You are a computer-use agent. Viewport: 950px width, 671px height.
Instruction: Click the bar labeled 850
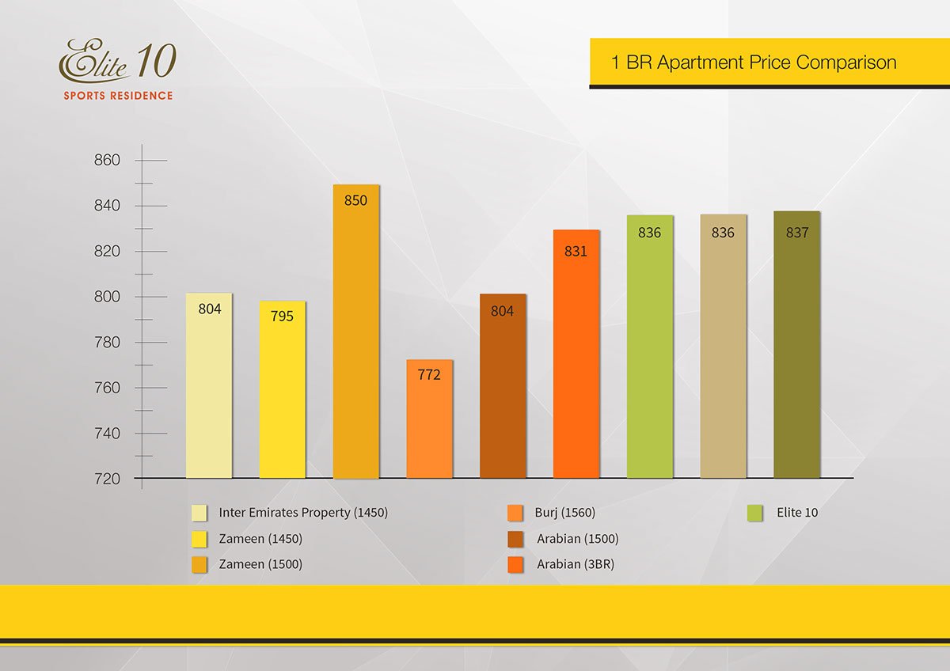click(355, 332)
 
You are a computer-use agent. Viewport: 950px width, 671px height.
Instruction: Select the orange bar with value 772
click(429, 419)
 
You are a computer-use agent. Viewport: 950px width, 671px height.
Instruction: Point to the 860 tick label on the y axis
click(107, 161)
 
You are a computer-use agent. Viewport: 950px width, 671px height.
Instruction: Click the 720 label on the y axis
click(107, 479)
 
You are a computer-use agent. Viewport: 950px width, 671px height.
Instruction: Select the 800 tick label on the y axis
click(107, 297)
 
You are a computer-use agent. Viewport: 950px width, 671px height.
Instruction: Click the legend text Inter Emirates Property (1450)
click(303, 513)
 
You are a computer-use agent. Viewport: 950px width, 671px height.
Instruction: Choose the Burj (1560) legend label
click(564, 513)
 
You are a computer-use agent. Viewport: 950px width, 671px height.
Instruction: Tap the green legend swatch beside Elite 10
click(754, 513)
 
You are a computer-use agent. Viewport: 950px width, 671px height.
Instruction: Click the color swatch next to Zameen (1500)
click(199, 564)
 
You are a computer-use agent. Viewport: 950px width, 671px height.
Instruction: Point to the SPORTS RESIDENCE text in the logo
click(118, 96)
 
